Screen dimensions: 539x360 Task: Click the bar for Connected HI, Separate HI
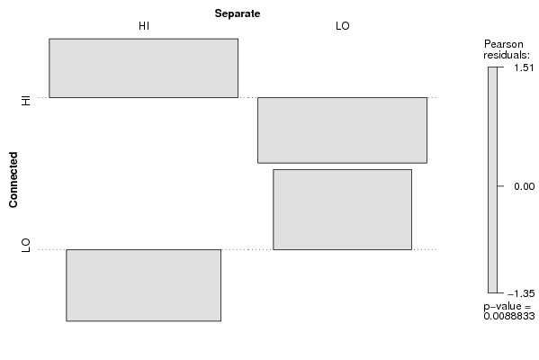pyautogui.click(x=143, y=68)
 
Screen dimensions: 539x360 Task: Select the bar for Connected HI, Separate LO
pyautogui.click(x=342, y=130)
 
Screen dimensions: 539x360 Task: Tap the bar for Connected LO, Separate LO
pyautogui.click(x=342, y=210)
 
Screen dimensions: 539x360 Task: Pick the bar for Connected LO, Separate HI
pyautogui.click(x=143, y=285)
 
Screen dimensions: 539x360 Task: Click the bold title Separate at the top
pyautogui.click(x=238, y=13)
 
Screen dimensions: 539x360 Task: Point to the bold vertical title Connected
pyautogui.click(x=13, y=180)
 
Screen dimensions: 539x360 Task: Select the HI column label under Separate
pyautogui.click(x=144, y=26)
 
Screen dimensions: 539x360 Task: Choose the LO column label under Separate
pyautogui.click(x=342, y=26)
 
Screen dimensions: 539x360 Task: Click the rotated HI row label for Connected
pyautogui.click(x=26, y=101)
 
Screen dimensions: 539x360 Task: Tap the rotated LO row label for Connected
pyautogui.click(x=26, y=246)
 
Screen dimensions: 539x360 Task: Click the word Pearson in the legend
pyautogui.click(x=504, y=44)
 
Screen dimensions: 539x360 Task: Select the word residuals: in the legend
pyautogui.click(x=507, y=55)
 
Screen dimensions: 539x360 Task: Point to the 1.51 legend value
pyautogui.click(x=524, y=67)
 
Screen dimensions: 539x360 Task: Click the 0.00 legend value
pyautogui.click(x=525, y=186)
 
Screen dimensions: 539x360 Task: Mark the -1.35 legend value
pyautogui.click(x=521, y=293)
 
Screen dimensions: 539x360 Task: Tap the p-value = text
pyautogui.click(x=508, y=306)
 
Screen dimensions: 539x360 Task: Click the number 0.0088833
pyautogui.click(x=509, y=316)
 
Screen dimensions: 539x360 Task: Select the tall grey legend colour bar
pyautogui.click(x=492, y=180)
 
